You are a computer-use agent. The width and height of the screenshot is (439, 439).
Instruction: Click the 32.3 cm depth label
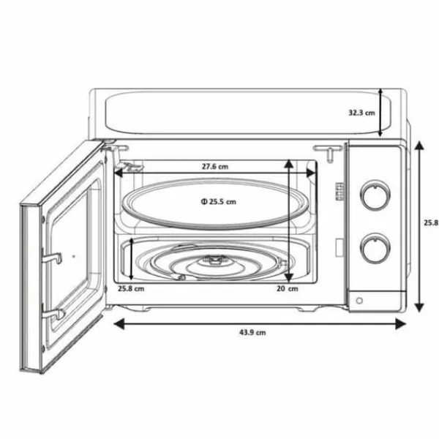coord(361,113)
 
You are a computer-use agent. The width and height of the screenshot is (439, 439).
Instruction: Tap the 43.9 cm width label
coord(252,333)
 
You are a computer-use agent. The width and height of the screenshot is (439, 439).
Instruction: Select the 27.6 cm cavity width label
coord(215,167)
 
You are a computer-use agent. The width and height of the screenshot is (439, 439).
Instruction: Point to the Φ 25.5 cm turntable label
coord(219,202)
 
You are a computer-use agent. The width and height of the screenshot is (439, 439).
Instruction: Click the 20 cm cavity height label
coord(288,288)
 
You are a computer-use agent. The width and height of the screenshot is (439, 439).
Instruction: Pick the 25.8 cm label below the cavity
coord(131,288)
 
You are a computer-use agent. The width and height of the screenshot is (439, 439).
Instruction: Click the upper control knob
coord(375,195)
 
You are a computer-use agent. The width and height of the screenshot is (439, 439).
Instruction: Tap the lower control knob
coord(375,248)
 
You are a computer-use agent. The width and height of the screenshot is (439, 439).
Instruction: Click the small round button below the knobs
coord(359,301)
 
